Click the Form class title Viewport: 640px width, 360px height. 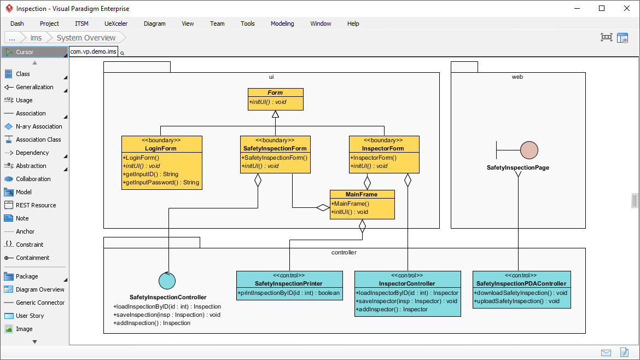[x=275, y=92]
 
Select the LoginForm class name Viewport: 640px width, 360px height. [x=161, y=148]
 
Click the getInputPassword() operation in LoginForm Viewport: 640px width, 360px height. [x=161, y=182]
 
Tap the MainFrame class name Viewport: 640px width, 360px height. [x=362, y=194]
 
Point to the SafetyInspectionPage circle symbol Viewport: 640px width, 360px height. [x=529, y=150]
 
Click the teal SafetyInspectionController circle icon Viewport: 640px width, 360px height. [x=167, y=281]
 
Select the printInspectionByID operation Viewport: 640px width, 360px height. [x=289, y=293]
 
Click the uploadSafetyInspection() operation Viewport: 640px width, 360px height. [x=517, y=301]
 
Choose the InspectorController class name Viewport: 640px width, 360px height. [x=407, y=283]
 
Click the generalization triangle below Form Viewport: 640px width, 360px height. [x=275, y=114]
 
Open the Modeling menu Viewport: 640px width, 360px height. [x=282, y=24]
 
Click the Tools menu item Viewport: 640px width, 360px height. [x=247, y=24]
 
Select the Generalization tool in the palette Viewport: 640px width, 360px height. [x=34, y=87]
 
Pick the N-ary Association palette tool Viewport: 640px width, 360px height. [x=39, y=126]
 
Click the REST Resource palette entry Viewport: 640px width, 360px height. [x=36, y=205]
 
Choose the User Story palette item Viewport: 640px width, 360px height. [x=30, y=316]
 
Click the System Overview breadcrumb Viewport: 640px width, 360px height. [x=86, y=38]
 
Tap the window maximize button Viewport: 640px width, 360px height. [x=602, y=8]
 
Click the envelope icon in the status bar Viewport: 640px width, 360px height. [x=606, y=352]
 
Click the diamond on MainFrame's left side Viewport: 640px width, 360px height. [x=323, y=208]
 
